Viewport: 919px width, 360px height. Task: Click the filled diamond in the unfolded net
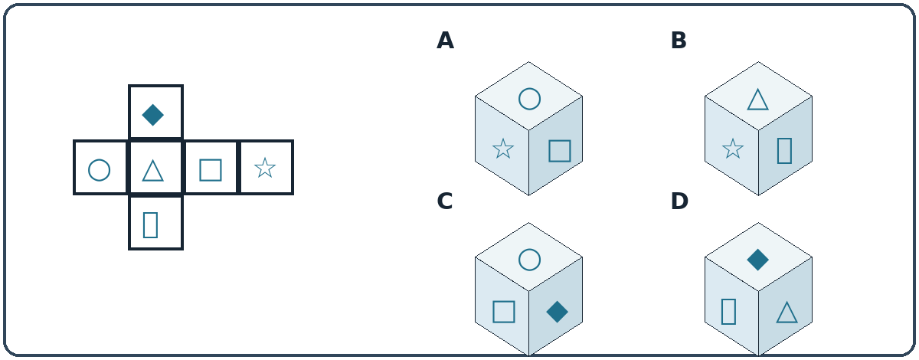153,115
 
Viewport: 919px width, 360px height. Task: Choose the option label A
445,41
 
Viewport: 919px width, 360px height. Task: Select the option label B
679,41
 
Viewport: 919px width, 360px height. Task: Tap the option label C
445,201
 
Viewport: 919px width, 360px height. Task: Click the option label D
679,201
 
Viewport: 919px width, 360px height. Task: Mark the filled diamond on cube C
558,312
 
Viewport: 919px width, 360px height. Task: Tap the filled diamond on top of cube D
758,260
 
